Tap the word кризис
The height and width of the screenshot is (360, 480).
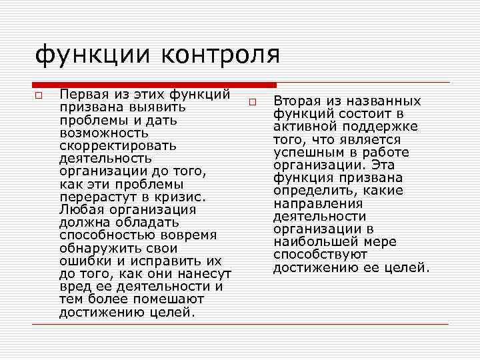179,197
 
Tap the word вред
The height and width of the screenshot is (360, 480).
73,287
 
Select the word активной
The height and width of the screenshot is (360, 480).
304,127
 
